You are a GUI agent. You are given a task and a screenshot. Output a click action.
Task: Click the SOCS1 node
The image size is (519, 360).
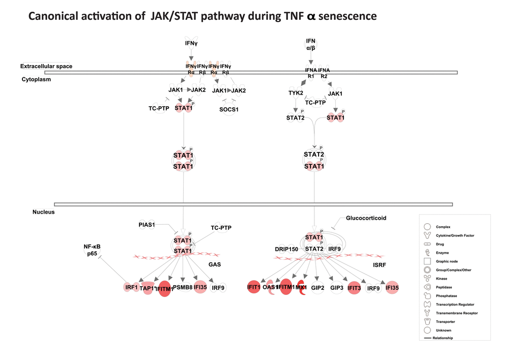(x=229, y=109)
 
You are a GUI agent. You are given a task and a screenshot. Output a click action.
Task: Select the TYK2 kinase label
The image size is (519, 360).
(x=296, y=93)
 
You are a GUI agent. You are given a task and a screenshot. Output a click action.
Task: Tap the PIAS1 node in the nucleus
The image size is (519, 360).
(x=147, y=224)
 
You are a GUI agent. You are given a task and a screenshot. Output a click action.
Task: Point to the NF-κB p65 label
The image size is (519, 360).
(x=92, y=250)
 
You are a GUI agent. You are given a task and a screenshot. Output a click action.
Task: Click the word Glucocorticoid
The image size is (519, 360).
(x=366, y=218)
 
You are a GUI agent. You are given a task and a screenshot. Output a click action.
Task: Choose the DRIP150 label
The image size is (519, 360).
(x=286, y=249)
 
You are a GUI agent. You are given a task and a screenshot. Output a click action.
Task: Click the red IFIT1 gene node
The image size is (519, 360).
(x=254, y=287)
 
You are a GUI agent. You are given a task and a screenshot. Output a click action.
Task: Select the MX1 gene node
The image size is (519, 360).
(x=300, y=287)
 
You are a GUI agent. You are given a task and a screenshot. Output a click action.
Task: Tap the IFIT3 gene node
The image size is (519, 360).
(x=354, y=288)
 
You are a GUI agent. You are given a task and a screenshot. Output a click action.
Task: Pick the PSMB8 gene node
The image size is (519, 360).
(x=182, y=288)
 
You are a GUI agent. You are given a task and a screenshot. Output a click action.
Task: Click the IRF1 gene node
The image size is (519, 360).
(x=132, y=288)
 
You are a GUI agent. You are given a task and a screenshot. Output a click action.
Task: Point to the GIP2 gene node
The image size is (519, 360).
(x=318, y=288)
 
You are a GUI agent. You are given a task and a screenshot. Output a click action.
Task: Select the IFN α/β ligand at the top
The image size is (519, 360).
(x=310, y=44)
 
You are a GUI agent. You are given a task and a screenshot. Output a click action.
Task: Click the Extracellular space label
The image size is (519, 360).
(x=46, y=66)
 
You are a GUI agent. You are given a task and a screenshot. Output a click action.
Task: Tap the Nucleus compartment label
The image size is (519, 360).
(x=43, y=212)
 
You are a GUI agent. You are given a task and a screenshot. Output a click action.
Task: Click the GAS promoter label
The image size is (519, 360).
(x=214, y=264)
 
